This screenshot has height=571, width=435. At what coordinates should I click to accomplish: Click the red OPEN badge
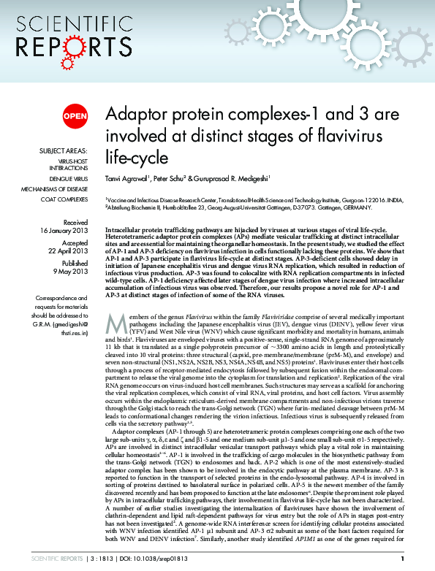[75, 116]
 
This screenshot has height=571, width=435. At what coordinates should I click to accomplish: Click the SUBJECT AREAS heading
[64, 151]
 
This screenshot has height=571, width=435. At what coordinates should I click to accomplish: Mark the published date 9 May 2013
[71, 272]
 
